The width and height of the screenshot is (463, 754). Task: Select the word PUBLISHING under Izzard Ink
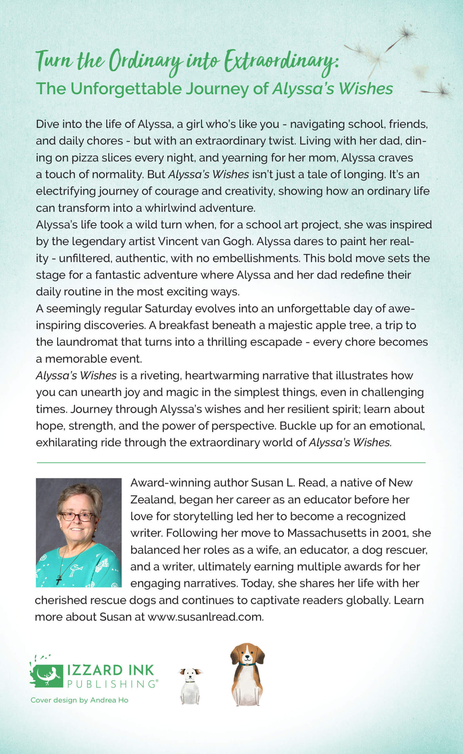coord(111,684)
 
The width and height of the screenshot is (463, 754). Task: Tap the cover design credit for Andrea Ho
coord(79,700)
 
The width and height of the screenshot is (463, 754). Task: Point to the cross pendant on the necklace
coord(59,579)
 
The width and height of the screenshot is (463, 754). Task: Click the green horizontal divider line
coord(231,462)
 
